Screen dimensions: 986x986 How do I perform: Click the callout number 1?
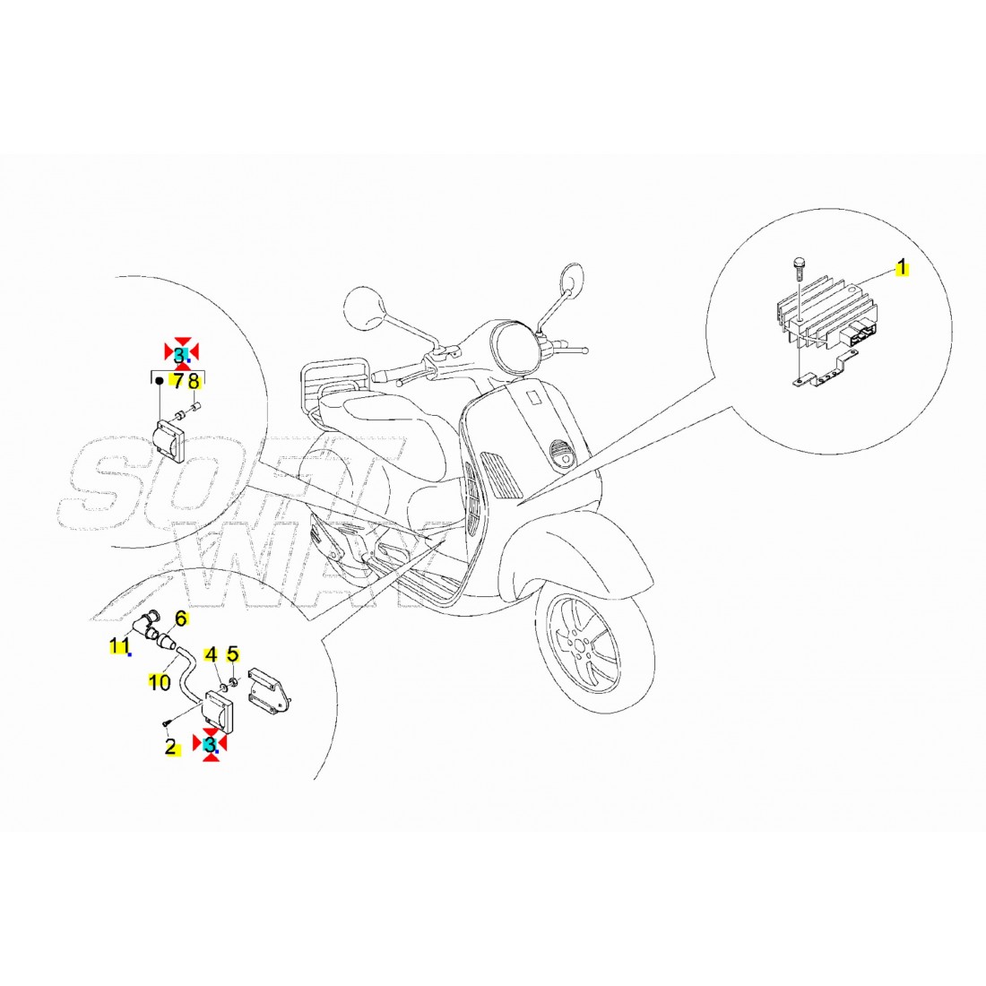pyautogui.click(x=902, y=267)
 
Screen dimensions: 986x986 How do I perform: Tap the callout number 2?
pyautogui.click(x=170, y=747)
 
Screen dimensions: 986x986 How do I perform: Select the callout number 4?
pyautogui.click(x=212, y=654)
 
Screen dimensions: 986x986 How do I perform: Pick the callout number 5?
pyautogui.click(x=233, y=654)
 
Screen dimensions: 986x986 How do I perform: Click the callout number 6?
pyautogui.click(x=181, y=618)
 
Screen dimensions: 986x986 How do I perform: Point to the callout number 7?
pyautogui.click(x=178, y=381)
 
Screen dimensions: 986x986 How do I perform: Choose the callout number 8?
pyautogui.click(x=194, y=381)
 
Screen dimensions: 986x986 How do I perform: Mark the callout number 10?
pyautogui.click(x=160, y=681)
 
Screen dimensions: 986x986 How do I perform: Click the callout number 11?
pyautogui.click(x=119, y=645)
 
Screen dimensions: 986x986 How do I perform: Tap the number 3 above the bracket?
pyautogui.click(x=180, y=355)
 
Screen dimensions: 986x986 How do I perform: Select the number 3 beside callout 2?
pyautogui.click(x=210, y=745)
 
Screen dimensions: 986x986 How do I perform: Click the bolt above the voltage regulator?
pyautogui.click(x=800, y=269)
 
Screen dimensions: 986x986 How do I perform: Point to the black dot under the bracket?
pyautogui.click(x=160, y=381)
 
